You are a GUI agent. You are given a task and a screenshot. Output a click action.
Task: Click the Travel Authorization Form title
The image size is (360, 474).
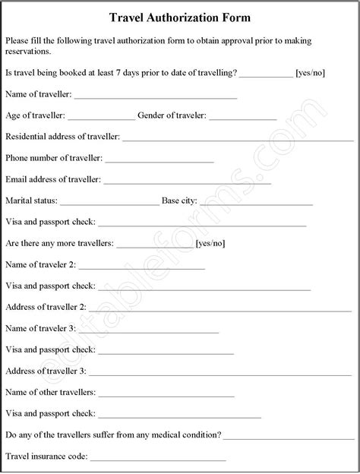coord(180,16)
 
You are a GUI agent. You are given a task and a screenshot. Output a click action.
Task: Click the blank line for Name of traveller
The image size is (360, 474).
coord(156,96)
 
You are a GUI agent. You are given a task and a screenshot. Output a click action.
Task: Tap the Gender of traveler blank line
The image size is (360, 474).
coord(242,118)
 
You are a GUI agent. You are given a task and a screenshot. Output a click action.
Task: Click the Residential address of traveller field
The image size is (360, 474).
coord(238,139)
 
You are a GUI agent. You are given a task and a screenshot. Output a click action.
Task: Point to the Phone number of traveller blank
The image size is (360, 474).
coord(159,160)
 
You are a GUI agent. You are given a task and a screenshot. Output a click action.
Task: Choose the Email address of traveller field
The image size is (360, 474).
coord(187,182)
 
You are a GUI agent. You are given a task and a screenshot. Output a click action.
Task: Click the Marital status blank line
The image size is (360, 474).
coord(109,204)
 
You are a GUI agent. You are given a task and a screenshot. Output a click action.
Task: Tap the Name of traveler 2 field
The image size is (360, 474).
coord(141,267)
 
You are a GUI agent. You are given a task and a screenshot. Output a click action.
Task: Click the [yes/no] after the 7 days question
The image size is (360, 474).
coord(310,73)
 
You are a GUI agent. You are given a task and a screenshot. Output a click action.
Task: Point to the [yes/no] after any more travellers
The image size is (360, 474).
coord(210,244)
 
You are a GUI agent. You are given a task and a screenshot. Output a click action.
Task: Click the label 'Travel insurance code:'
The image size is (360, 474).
coord(46,457)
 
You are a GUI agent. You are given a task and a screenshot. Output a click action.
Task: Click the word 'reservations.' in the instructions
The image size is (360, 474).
coord(28,52)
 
